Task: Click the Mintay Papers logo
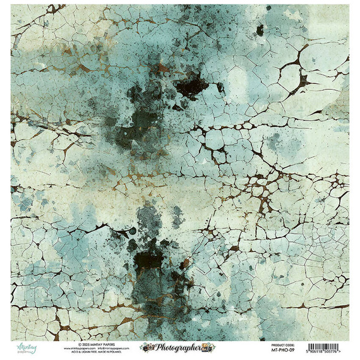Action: [24, 348]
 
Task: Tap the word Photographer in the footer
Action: [177, 348]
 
